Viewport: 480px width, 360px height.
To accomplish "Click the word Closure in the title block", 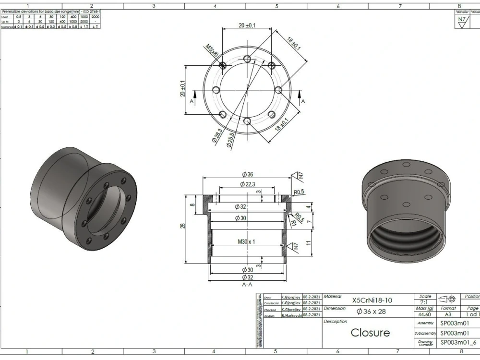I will pyautogui.click(x=370, y=332).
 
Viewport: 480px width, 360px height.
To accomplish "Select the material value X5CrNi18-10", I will pyautogui.click(x=372, y=300).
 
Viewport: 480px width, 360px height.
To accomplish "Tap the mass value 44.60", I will pyautogui.click(x=425, y=314).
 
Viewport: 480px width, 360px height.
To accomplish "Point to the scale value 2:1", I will pyautogui.click(x=425, y=302).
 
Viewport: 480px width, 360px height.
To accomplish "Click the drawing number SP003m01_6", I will pyautogui.click(x=459, y=342).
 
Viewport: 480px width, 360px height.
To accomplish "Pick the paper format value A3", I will pyautogui.click(x=448, y=314).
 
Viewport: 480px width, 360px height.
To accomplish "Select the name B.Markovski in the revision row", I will pyautogui.click(x=291, y=315).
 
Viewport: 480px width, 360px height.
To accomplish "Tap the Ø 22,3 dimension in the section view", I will pyautogui.click(x=247, y=185).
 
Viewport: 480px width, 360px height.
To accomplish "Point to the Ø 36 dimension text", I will pyautogui.click(x=247, y=174).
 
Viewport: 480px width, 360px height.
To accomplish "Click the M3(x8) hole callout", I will pyautogui.click(x=212, y=50).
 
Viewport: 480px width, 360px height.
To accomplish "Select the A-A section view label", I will pyautogui.click(x=247, y=285).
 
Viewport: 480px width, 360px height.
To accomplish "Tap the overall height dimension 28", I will pyautogui.click(x=182, y=226).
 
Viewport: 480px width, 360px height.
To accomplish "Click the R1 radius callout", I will pyautogui.click(x=292, y=223).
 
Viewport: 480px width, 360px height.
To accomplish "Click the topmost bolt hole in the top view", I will pyautogui.click(x=247, y=59).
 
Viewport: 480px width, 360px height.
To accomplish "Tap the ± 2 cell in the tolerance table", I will pyautogui.click(x=95, y=26).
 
